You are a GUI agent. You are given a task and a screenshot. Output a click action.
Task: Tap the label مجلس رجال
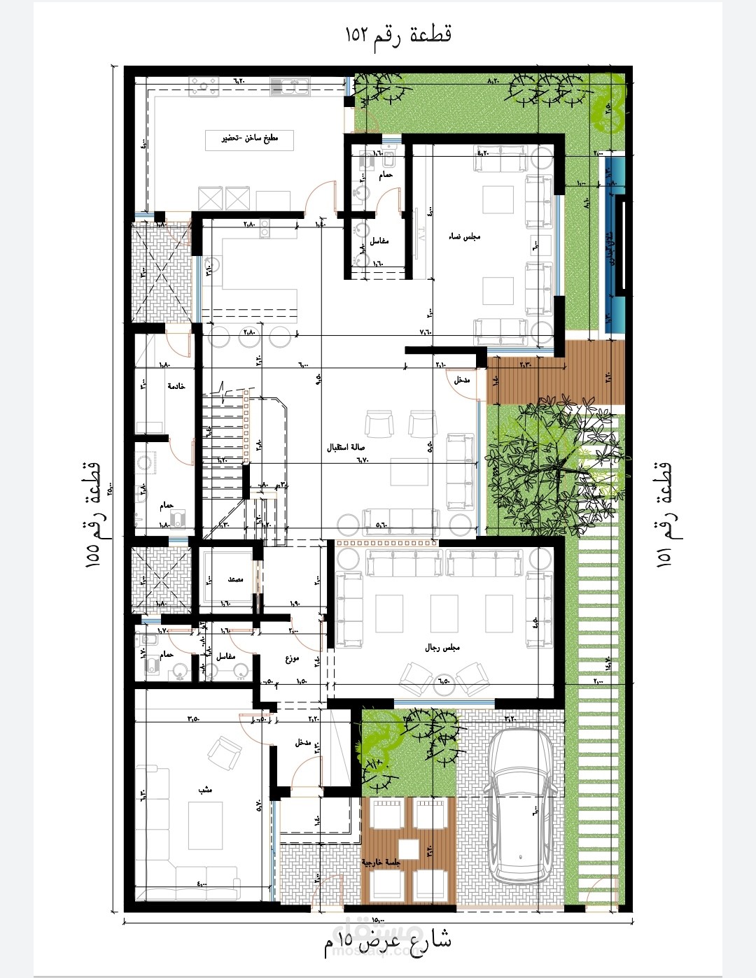click(x=442, y=648)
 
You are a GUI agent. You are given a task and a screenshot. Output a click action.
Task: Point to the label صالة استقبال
click(x=346, y=447)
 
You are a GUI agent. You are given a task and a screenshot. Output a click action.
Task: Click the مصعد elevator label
click(x=235, y=579)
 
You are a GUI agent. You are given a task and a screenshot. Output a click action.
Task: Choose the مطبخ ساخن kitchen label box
click(x=250, y=139)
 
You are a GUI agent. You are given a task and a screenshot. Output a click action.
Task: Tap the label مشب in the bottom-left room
click(x=205, y=789)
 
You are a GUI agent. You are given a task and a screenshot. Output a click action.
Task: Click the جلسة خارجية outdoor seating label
click(x=381, y=863)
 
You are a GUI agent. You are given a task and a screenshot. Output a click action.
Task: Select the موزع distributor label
click(x=292, y=659)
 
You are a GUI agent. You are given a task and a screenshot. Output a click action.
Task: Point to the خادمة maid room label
click(x=176, y=386)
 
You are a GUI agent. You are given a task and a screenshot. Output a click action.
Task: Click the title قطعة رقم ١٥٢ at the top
click(x=398, y=33)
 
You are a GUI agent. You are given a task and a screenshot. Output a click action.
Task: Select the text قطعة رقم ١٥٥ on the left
click(x=93, y=514)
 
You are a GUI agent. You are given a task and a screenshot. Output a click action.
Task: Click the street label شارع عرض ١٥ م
click(x=387, y=942)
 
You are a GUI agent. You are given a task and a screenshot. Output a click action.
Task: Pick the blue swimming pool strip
click(x=615, y=245)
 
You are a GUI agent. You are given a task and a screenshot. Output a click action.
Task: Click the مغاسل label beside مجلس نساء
click(x=379, y=241)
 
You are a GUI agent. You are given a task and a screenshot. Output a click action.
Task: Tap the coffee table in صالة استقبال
click(x=409, y=471)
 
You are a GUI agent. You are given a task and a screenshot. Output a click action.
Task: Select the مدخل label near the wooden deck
click(x=462, y=380)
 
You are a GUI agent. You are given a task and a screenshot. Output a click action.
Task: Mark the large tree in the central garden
click(x=553, y=458)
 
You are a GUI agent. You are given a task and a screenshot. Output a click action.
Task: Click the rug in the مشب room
click(x=206, y=825)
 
